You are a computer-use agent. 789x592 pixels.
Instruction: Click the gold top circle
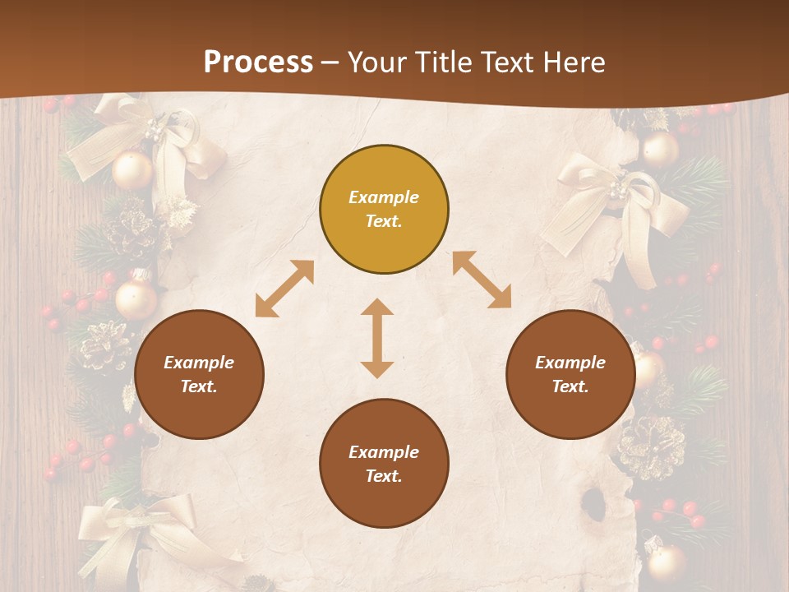[384, 210]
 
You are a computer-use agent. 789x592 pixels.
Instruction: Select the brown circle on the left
[199, 375]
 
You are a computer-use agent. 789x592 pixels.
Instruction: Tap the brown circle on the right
[570, 375]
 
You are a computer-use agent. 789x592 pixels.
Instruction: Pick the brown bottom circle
[384, 464]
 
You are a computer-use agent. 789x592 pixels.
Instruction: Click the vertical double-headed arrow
[377, 338]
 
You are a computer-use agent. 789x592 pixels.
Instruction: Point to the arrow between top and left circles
[284, 289]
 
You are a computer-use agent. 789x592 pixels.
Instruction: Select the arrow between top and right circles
[482, 280]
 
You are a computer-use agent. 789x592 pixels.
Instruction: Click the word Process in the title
[258, 62]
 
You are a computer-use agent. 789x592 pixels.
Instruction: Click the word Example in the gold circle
[384, 197]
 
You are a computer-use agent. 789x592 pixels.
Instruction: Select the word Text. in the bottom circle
[384, 476]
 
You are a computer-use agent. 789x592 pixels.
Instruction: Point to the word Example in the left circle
[199, 363]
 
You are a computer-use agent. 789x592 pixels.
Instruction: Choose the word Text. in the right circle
[570, 386]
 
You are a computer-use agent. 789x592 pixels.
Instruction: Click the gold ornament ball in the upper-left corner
[132, 170]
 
